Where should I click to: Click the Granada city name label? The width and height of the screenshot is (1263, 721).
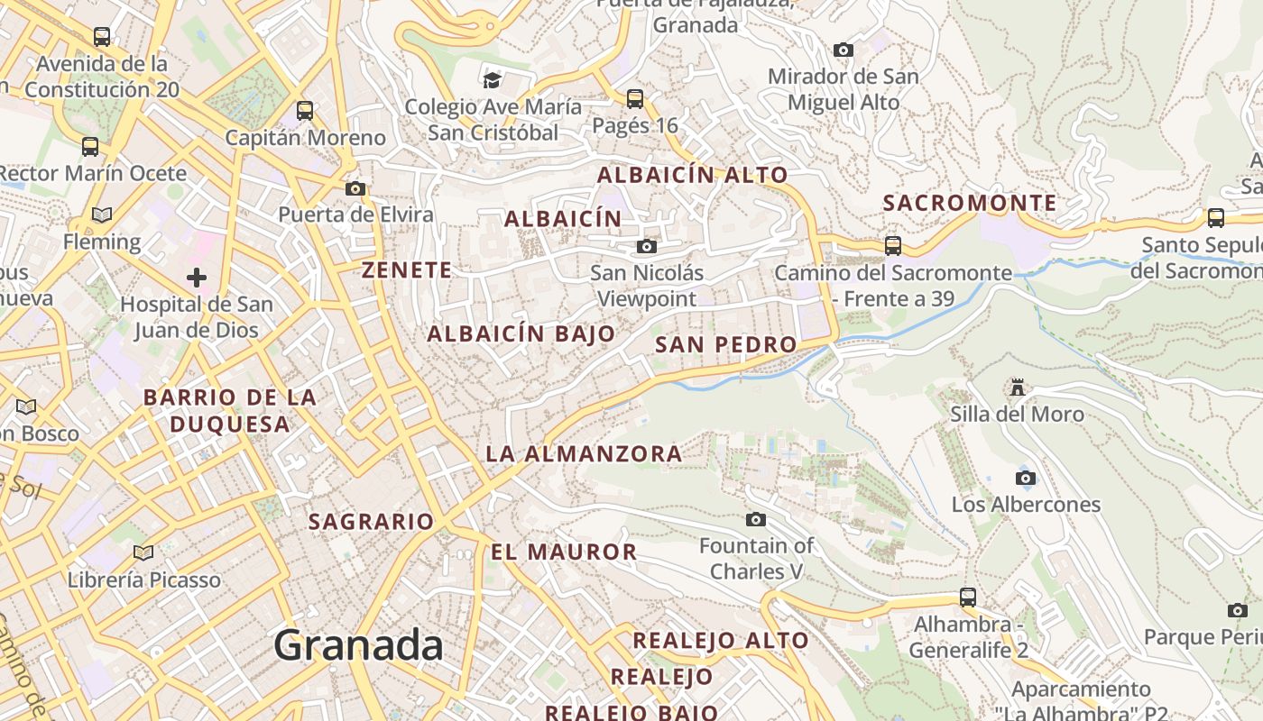(358, 645)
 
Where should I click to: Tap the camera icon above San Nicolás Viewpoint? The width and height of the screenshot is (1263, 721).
(647, 246)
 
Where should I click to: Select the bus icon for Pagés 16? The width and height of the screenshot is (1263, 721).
(635, 98)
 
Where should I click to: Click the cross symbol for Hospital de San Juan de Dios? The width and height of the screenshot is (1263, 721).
(197, 277)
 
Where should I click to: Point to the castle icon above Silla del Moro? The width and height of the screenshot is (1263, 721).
(1018, 388)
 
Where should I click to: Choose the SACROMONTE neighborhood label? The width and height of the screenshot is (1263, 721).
(970, 203)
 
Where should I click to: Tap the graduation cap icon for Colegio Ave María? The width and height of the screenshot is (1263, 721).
(492, 80)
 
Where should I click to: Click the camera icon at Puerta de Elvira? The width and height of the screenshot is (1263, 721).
(355, 188)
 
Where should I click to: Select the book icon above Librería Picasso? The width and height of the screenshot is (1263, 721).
(143, 552)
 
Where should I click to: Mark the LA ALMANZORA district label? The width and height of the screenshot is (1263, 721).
(584, 453)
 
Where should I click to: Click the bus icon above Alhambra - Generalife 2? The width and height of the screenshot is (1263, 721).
(968, 597)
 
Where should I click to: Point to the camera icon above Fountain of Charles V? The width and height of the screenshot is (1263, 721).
(756, 519)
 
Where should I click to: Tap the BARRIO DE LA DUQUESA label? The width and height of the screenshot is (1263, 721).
(230, 410)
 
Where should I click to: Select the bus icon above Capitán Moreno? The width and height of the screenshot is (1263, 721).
(305, 111)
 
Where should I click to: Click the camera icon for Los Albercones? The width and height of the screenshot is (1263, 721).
(1026, 478)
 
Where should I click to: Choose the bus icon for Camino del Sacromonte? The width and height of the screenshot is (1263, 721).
(893, 245)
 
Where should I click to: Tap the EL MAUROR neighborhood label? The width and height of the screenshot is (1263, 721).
(564, 552)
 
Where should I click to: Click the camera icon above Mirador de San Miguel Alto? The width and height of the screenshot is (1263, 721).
(844, 50)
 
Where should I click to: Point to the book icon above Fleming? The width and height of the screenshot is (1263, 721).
(102, 215)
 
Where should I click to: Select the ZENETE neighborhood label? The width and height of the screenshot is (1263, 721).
(407, 269)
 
